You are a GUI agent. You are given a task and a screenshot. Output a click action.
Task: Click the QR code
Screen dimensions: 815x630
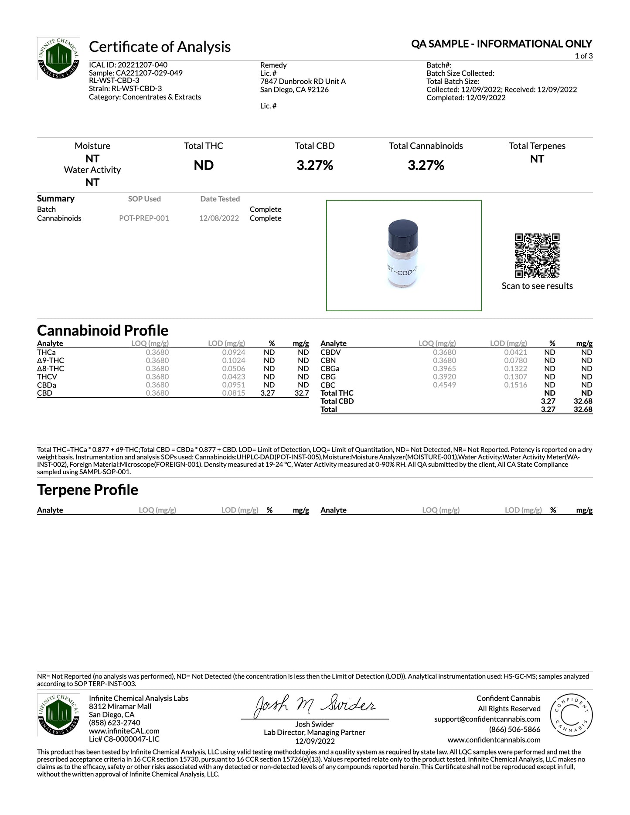pos(537,255)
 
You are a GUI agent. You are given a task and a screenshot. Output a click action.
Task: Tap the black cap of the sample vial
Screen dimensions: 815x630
pos(403,232)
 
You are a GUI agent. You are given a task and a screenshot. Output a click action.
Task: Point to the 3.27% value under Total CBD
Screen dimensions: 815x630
pos(315,166)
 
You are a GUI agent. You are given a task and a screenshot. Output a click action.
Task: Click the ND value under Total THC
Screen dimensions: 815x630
pos(204,166)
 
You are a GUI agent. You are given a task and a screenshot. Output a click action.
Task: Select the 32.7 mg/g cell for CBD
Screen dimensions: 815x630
pos(302,393)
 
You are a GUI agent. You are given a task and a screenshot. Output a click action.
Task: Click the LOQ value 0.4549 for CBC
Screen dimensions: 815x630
pos(444,385)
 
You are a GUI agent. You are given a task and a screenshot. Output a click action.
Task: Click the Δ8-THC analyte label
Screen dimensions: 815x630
pos(51,369)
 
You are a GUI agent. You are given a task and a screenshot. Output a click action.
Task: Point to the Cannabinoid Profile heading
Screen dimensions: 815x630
pos(102,330)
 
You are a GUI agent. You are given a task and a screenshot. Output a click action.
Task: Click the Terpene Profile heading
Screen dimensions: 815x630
pos(88,490)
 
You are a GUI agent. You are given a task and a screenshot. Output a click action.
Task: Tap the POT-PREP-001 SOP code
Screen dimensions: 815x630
pos(144,218)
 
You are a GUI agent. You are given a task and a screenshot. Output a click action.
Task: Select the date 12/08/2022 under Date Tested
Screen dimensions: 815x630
pos(219,218)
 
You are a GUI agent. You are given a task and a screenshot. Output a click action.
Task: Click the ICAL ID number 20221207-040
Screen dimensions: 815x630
pos(143,65)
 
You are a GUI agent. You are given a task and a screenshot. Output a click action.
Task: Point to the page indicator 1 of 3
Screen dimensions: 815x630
pos(583,56)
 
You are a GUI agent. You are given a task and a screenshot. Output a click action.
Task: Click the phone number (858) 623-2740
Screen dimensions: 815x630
pos(115,723)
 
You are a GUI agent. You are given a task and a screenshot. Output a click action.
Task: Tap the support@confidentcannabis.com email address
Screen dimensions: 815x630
pos(487,719)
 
